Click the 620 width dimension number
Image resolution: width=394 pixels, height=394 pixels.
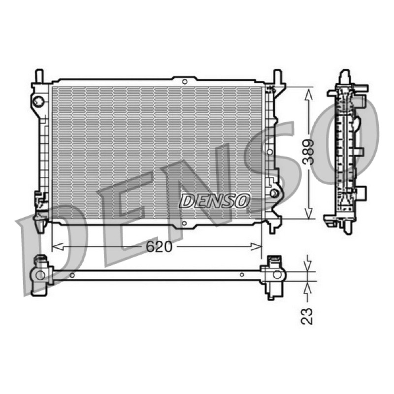[159, 247]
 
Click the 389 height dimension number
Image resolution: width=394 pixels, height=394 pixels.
[308, 152]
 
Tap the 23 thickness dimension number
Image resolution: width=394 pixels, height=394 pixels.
[307, 316]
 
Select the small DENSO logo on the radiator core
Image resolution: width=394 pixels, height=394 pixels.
[215, 201]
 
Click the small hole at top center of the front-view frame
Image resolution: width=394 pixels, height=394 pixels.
[185, 82]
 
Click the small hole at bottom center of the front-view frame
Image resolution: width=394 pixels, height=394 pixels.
[184, 223]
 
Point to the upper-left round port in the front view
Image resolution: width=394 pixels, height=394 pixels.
[39, 101]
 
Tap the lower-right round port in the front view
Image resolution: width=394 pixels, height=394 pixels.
[274, 193]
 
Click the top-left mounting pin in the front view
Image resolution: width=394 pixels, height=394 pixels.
[39, 76]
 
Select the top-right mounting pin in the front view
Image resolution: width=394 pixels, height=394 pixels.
[277, 76]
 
